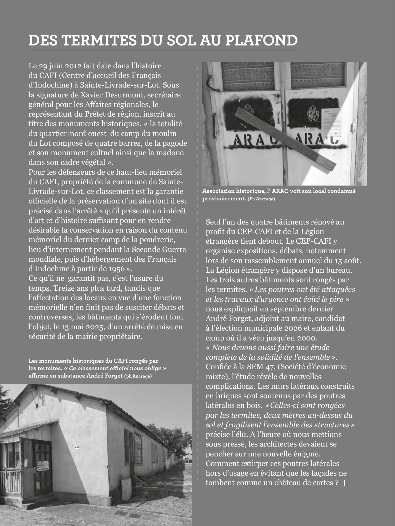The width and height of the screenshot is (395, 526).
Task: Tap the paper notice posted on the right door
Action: pos(331,123)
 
